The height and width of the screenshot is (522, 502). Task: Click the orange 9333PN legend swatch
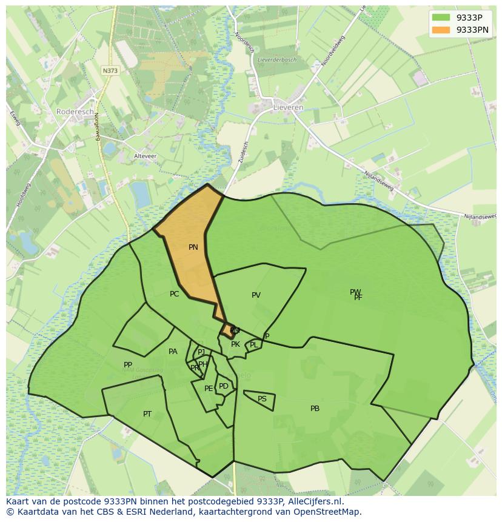click(x=441, y=30)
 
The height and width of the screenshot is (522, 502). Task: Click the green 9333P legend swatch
click(x=441, y=18)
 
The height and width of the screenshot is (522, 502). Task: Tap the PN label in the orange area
click(x=193, y=247)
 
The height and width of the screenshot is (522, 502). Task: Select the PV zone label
click(x=256, y=295)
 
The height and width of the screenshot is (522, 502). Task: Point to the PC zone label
click(x=175, y=294)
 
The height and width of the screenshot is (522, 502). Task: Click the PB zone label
click(x=315, y=409)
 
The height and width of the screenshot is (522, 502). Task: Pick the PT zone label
click(x=147, y=414)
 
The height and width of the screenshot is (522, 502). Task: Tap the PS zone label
click(x=262, y=399)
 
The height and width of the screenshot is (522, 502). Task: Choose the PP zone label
click(x=128, y=365)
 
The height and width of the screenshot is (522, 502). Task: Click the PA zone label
click(x=173, y=352)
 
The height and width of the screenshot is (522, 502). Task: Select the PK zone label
click(x=235, y=344)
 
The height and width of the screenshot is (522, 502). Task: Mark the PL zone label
click(x=253, y=345)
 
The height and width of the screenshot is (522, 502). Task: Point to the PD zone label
click(x=224, y=386)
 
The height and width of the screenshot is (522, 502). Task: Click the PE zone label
click(x=209, y=389)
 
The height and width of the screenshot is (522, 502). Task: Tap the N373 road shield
click(x=110, y=71)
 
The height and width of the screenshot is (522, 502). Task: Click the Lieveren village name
click(x=289, y=107)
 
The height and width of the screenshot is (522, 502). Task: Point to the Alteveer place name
click(x=145, y=156)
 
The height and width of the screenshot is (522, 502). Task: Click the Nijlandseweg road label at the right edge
click(x=480, y=216)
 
